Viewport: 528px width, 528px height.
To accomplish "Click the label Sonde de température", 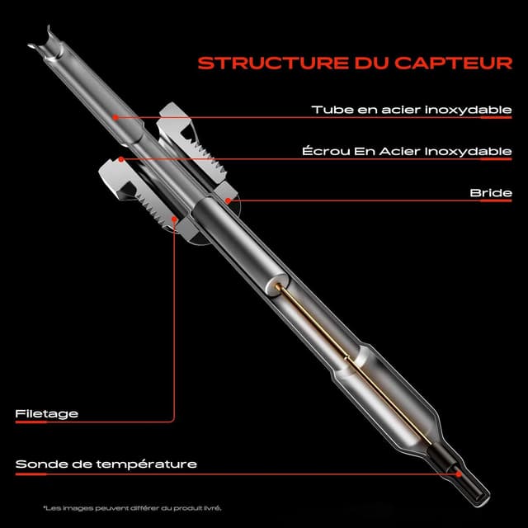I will click(x=106, y=464).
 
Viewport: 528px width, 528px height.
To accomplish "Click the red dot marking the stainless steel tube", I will click(x=115, y=117).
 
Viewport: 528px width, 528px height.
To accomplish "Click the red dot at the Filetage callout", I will click(x=174, y=219).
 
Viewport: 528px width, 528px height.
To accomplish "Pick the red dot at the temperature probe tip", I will click(x=458, y=473).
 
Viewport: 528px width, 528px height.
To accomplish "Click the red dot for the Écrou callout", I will click(x=121, y=158).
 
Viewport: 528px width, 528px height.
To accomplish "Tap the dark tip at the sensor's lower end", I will click(x=470, y=483).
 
